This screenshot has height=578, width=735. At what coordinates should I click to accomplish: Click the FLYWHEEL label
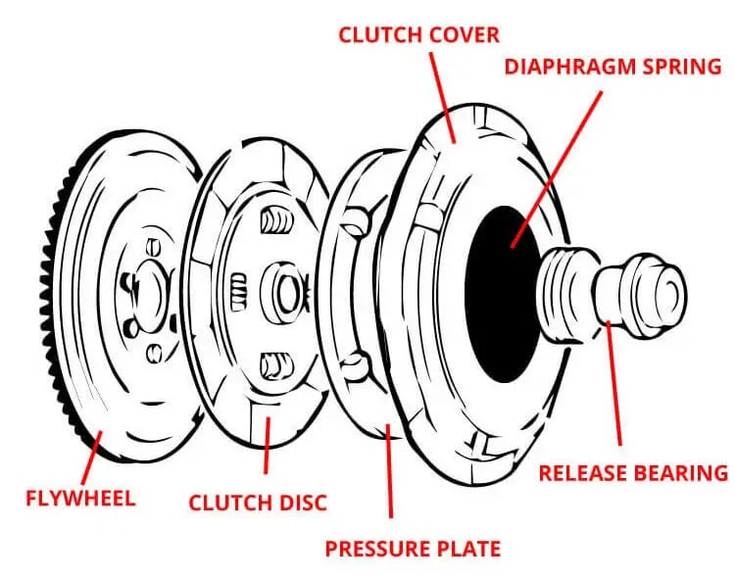point(79,498)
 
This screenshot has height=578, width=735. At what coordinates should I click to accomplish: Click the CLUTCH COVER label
point(418,35)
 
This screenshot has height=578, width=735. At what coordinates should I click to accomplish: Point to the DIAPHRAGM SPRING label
point(612,68)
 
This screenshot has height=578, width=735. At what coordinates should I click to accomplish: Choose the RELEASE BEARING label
point(633,473)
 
